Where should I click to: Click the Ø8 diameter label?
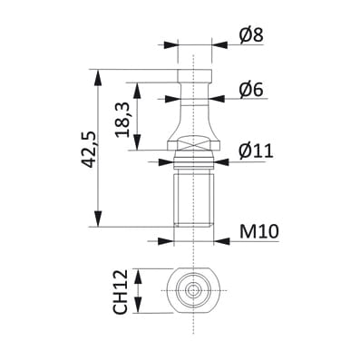tap(251, 35)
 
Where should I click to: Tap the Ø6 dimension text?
tap(251, 90)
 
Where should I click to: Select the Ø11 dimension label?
tap(256, 151)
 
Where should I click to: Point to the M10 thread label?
tap(258, 232)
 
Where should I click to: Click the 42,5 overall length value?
tap(90, 150)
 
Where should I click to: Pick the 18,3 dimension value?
tap(123, 120)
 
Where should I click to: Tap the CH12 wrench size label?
tap(120, 292)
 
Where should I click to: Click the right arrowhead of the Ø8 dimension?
tap(219, 45)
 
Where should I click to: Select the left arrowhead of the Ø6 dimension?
tap(173, 99)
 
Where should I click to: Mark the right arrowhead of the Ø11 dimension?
tap(221, 162)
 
